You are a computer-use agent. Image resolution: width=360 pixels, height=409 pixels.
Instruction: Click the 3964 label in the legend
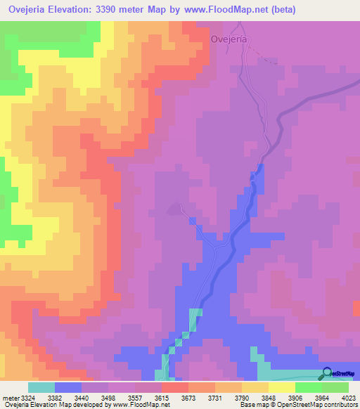(x=322, y=397)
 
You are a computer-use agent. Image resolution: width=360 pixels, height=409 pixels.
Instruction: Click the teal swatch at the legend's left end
(x=41, y=387)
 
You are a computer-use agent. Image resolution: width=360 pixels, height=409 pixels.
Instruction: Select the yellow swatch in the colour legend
(x=282, y=387)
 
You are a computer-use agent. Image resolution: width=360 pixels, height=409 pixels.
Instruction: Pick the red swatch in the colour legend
(x=175, y=387)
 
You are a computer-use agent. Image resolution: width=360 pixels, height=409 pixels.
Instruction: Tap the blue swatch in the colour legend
(x=68, y=387)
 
